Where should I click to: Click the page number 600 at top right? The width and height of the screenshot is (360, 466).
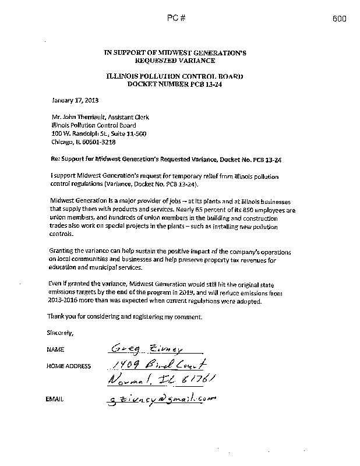[x=340, y=19]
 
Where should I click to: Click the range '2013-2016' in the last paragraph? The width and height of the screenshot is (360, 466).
[x=60, y=301]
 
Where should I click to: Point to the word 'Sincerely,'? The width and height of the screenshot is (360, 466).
[x=59, y=333]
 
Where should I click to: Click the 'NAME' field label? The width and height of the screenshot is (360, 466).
[x=54, y=350]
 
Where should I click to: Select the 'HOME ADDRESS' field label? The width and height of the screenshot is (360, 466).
[x=68, y=366]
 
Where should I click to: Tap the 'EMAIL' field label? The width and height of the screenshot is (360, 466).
[x=54, y=399]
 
